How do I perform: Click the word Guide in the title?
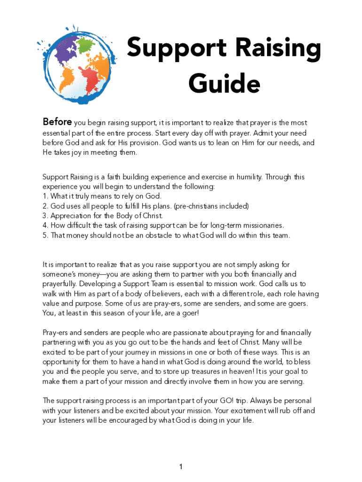click(x=224, y=84)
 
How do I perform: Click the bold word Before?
click(x=57, y=122)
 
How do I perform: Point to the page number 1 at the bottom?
click(x=181, y=467)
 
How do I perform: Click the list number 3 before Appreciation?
click(x=45, y=216)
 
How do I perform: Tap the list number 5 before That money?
click(x=45, y=235)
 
